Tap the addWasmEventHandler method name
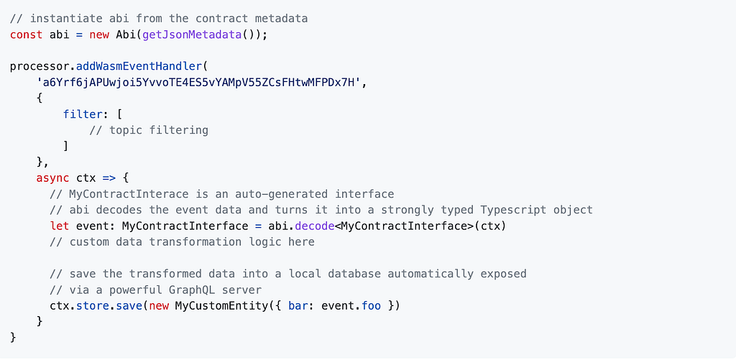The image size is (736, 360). [x=139, y=66]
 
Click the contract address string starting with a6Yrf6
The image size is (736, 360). [x=202, y=83]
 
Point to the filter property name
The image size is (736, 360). [x=83, y=114]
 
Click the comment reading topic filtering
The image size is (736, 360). [x=158, y=130]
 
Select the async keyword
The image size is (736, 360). [x=52, y=177]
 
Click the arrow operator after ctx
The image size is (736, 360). [x=109, y=177]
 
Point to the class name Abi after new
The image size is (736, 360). [x=126, y=34]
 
